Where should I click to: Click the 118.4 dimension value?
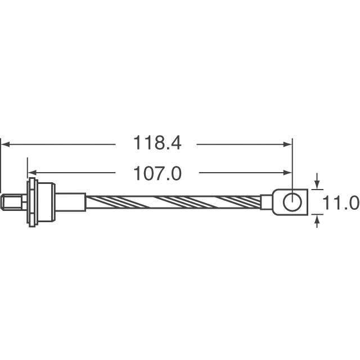click(157, 143)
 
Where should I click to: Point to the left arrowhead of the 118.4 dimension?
click(5, 144)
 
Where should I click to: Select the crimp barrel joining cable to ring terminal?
click(265, 202)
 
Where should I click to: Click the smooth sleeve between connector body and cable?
click(70, 202)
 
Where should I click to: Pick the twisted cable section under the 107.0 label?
click(169, 202)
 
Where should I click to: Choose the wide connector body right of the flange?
click(46, 202)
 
